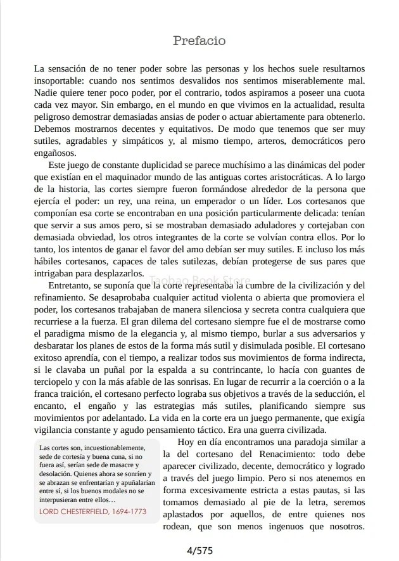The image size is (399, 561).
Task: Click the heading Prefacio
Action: [x=199, y=41]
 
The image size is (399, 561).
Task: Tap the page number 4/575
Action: [x=199, y=550]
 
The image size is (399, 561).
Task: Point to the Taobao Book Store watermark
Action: [x=199, y=279]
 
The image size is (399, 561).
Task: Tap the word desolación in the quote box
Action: [x=56, y=473]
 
